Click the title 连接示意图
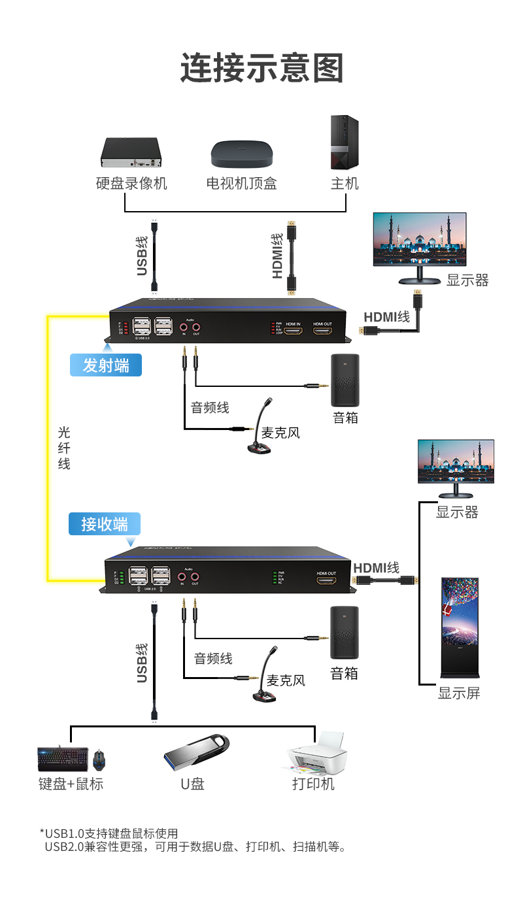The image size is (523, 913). pyautogui.click(x=261, y=68)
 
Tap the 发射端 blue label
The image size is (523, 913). pyautogui.click(x=106, y=365)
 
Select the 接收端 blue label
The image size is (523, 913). pyautogui.click(x=105, y=524)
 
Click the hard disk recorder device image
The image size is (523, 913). pyautogui.click(x=130, y=154)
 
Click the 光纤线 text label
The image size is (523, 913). pyautogui.click(x=64, y=448)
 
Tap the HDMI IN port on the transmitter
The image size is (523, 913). pyautogui.click(x=293, y=331)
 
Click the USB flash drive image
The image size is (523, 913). pyautogui.click(x=195, y=752)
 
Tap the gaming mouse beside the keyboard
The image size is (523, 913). pyautogui.click(x=99, y=760)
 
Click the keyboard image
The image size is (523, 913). pyautogui.click(x=63, y=758)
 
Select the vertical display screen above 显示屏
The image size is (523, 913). pyautogui.click(x=460, y=627)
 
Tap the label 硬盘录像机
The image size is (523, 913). pyautogui.click(x=131, y=184)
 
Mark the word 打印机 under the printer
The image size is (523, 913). pyautogui.click(x=313, y=784)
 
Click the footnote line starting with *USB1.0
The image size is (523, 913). pyautogui.click(x=109, y=833)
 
